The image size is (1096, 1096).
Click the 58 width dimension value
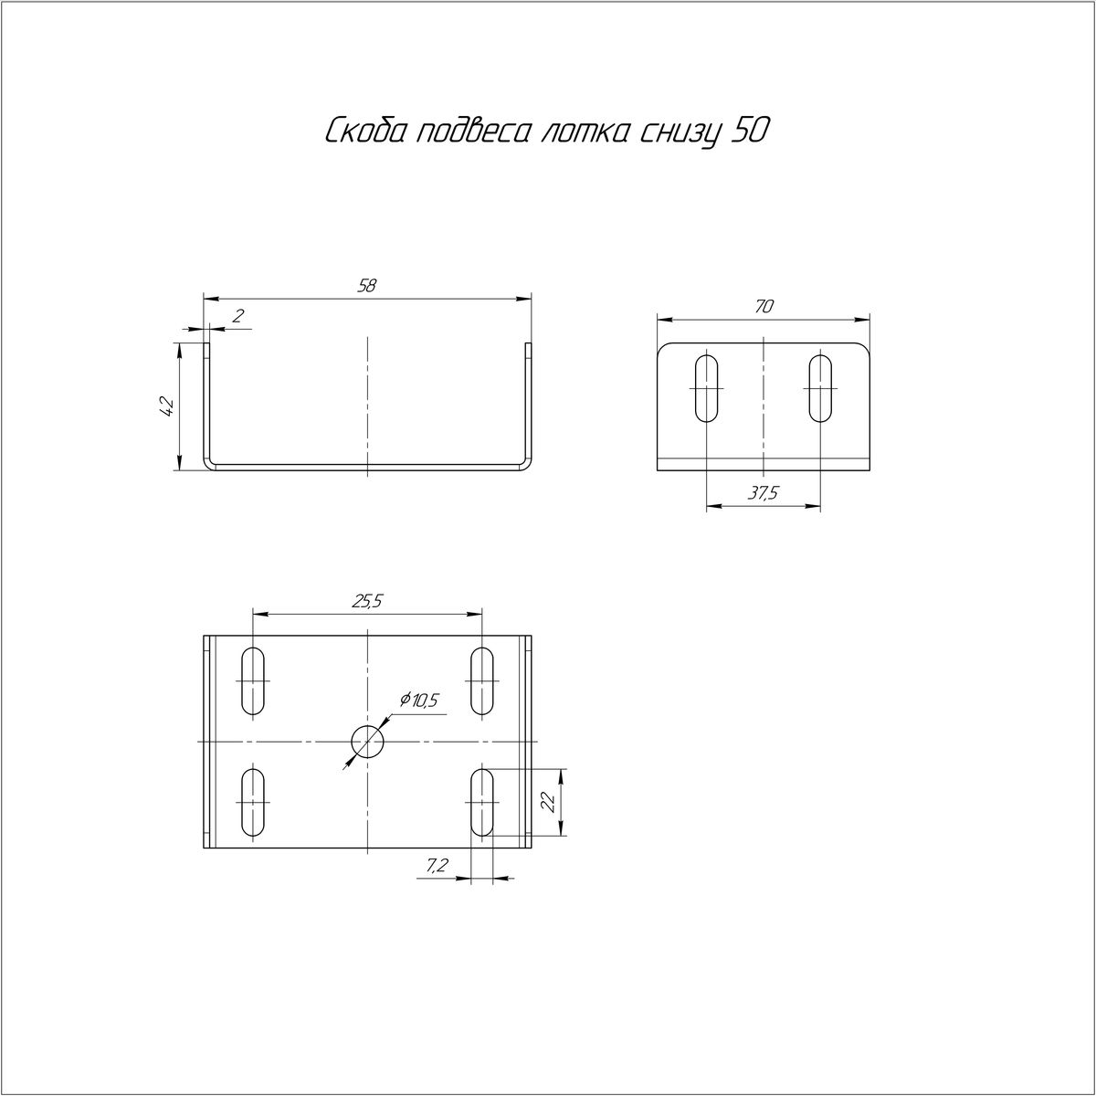pyautogui.click(x=367, y=286)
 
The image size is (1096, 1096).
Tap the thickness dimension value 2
pyautogui.click(x=239, y=316)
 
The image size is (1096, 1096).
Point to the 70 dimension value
pyautogui.click(x=764, y=307)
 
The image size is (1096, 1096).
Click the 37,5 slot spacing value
pyautogui.click(x=762, y=494)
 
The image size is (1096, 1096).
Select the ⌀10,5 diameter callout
pyautogui.click(x=418, y=701)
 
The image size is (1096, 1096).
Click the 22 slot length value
pyautogui.click(x=548, y=803)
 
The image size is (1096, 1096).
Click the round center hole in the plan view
pyautogui.click(x=367, y=741)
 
